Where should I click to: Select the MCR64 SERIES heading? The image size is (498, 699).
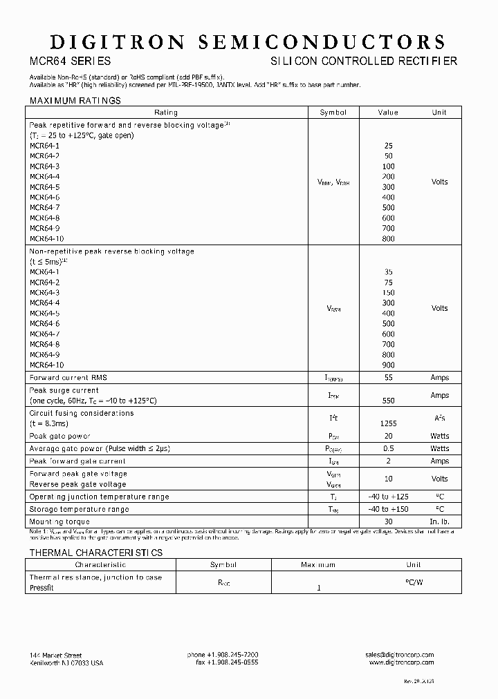[69, 61]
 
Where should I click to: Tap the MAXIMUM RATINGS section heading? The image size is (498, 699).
[75, 101]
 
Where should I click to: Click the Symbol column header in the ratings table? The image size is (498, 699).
[333, 113]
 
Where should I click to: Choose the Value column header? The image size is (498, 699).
[388, 113]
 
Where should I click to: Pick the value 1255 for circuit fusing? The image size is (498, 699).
[388, 423]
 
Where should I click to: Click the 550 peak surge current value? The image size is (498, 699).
[388, 401]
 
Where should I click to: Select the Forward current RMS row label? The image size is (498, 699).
[68, 378]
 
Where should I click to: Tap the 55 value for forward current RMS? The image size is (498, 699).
[388, 378]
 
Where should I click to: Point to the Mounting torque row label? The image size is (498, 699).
[59, 521]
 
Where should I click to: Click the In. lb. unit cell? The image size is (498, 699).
[439, 521]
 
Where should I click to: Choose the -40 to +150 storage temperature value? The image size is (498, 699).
[388, 509]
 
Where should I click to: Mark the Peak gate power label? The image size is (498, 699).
[59, 436]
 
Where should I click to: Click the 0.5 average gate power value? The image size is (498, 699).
[388, 449]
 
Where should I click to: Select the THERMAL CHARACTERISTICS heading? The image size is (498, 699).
[95, 553]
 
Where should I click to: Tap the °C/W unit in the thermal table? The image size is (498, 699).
[414, 582]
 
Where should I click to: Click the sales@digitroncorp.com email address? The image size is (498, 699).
[400, 655]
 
